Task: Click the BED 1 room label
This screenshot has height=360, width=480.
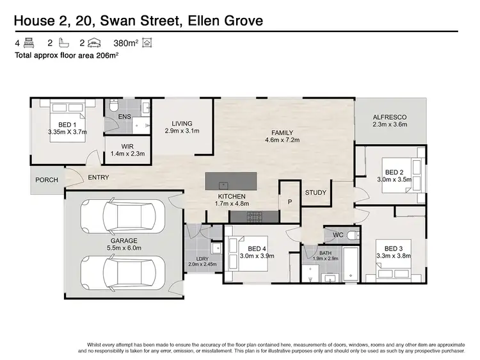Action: tap(67, 124)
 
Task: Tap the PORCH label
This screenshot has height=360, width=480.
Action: tap(47, 180)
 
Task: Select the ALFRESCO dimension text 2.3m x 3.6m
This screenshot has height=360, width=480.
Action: tap(390, 125)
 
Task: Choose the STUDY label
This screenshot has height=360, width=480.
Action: tap(316, 192)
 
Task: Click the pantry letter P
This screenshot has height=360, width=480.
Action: tap(289, 201)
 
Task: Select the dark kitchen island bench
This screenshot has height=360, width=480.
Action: tap(230, 181)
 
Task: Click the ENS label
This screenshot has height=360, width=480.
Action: tap(125, 117)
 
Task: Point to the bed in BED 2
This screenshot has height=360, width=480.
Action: tap(410, 174)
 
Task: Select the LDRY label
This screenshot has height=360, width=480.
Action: tap(202, 258)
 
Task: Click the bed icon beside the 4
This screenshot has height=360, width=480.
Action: tap(29, 44)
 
